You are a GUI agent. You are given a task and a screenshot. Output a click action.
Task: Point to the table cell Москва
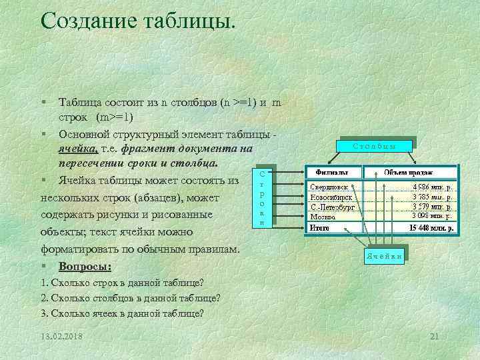tap(324, 216)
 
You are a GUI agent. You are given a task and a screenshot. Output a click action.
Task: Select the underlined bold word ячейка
tap(79, 149)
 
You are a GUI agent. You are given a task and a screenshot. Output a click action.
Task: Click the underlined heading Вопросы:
tap(85, 267)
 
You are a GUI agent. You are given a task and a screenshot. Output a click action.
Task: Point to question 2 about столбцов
tap(131, 297)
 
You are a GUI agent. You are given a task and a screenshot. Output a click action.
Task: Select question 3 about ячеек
tap(123, 313)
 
